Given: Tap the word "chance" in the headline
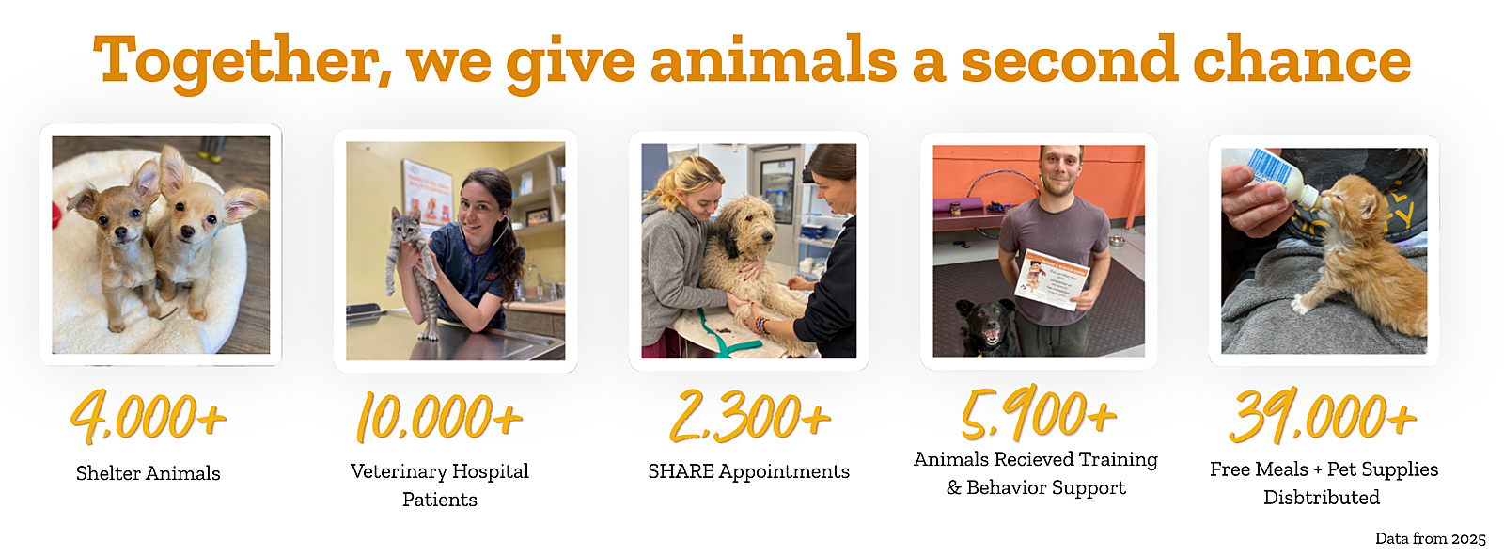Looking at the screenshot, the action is click(x=1302, y=59).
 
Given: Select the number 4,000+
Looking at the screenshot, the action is click(x=149, y=417).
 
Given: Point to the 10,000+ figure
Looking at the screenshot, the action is click(x=439, y=417).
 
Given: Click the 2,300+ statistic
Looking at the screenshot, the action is click(x=750, y=417).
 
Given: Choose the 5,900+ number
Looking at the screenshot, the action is click(x=1039, y=412).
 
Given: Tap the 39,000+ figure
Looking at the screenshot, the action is click(x=1323, y=416).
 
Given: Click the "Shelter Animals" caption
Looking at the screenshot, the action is click(x=148, y=473).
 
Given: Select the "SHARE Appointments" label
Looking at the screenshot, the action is click(x=748, y=471).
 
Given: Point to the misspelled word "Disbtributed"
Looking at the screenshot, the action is click(x=1322, y=498).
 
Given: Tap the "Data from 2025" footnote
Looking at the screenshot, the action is click(x=1430, y=539).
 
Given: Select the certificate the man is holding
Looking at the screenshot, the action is click(x=1052, y=278).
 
